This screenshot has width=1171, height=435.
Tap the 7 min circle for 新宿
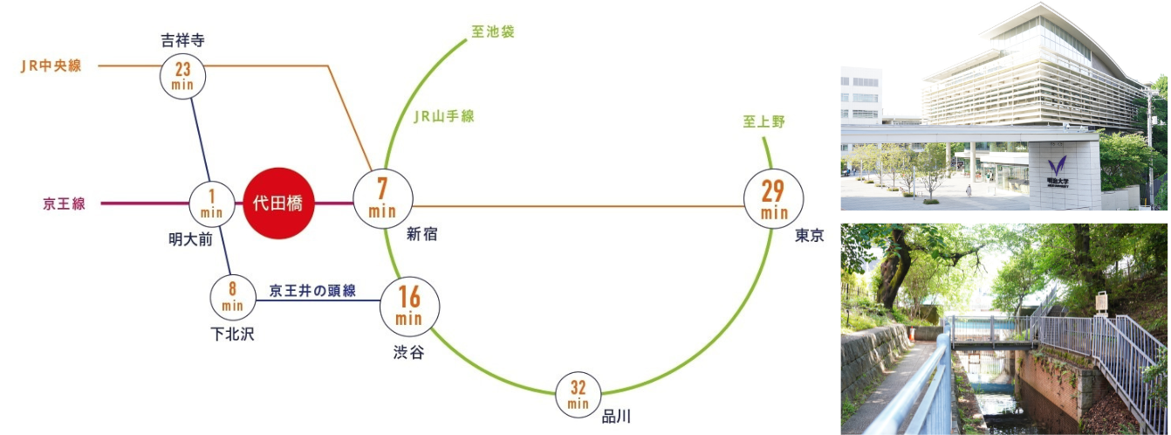tap(382, 201)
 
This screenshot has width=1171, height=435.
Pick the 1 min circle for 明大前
tap(212, 204)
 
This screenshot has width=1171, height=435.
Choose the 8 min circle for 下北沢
tap(233, 297)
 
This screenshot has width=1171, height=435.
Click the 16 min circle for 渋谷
tap(409, 307)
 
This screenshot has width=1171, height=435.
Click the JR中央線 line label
tap(51, 66)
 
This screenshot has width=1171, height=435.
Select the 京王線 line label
tap(65, 204)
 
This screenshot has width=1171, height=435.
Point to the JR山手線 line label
tap(444, 116)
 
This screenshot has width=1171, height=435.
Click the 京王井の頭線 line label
tap(312, 291)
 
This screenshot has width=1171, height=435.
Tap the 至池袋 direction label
tap(493, 32)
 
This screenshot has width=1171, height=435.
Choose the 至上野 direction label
tap(764, 122)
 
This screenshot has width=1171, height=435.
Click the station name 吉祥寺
tap(183, 40)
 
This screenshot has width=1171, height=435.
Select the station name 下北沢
tap(232, 333)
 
